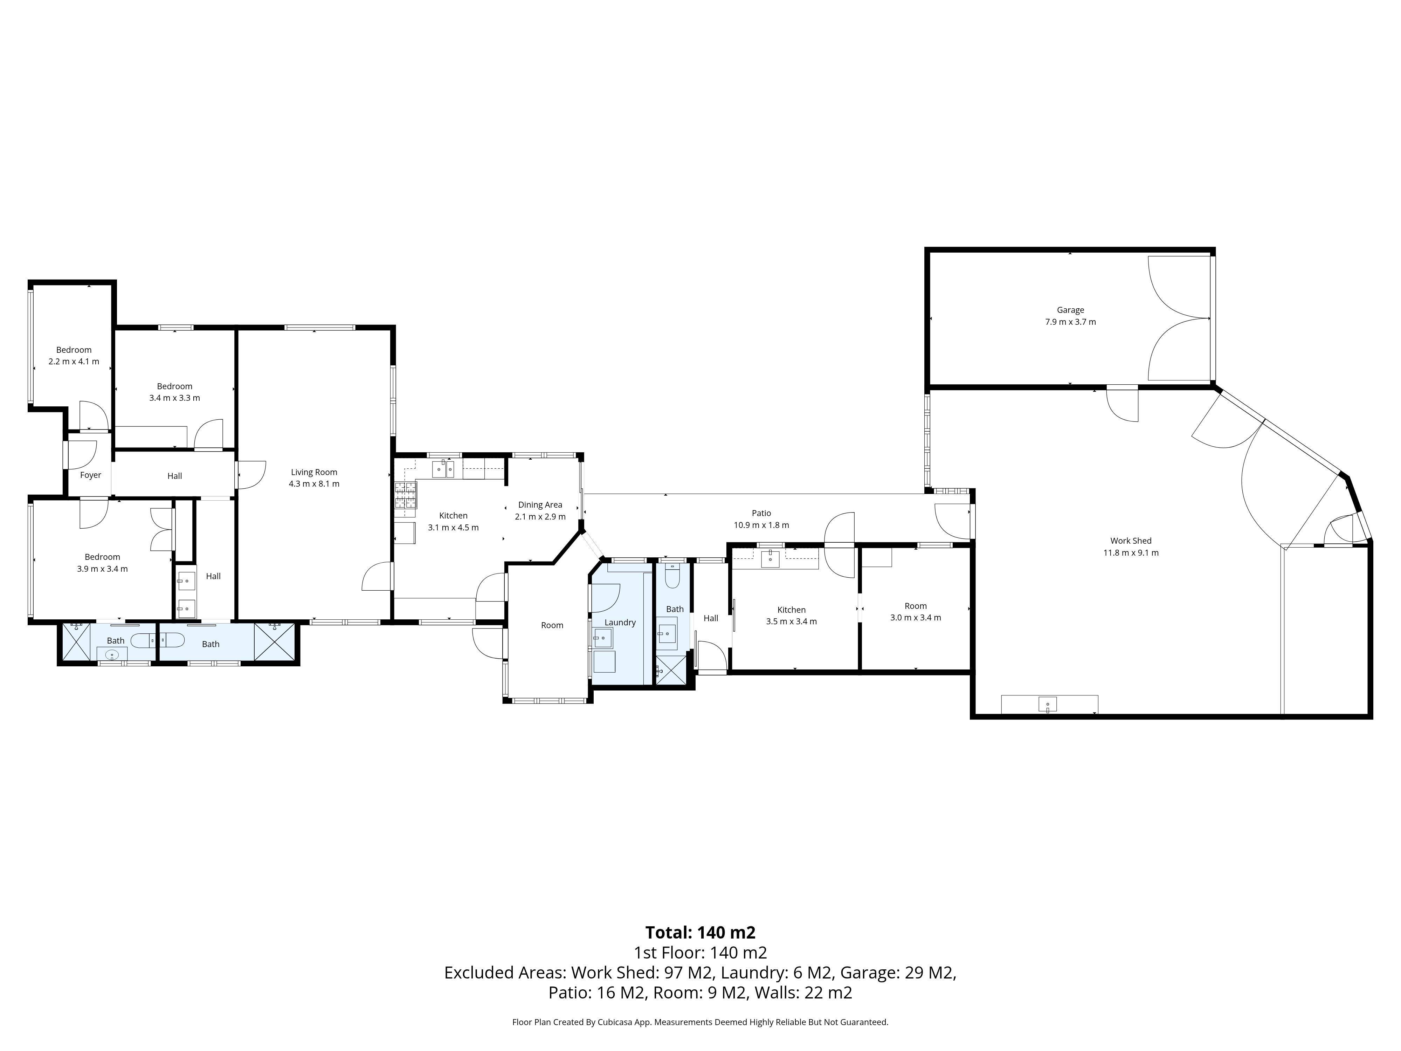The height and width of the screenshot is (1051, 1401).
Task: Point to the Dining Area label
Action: pos(540,505)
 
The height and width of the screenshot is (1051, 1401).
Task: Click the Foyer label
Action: pos(91,475)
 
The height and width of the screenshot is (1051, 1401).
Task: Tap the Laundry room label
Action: pos(620,622)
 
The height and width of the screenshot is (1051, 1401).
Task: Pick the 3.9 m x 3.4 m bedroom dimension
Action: pos(102,569)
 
